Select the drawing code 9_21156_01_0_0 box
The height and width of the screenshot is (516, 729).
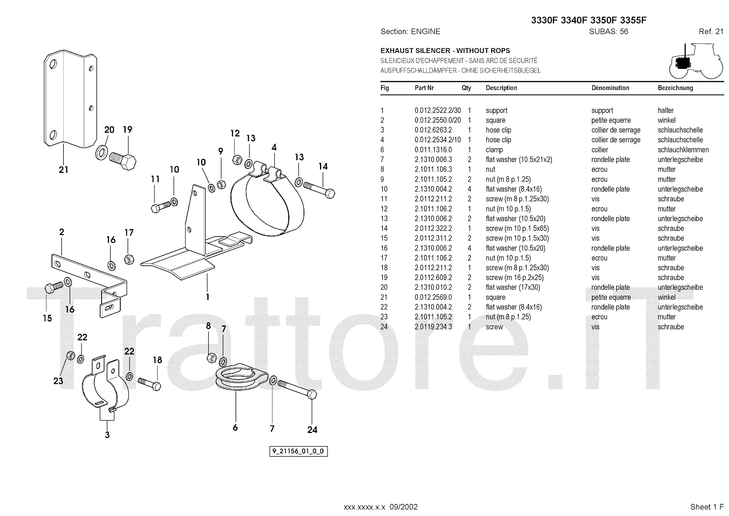tap(299, 452)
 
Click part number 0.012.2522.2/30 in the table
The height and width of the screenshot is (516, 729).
tap(437, 110)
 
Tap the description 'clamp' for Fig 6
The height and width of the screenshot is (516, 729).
tap(494, 150)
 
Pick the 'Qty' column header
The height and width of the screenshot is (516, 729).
tap(466, 88)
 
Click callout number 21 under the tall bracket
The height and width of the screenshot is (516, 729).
tap(63, 170)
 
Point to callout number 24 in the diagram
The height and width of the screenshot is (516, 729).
tap(312, 429)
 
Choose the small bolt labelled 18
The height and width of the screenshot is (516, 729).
tap(149, 383)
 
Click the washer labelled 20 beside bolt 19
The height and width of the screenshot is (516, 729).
tap(102, 152)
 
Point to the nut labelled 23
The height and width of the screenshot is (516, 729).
tap(70, 355)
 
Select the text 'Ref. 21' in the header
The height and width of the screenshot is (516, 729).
tap(711, 31)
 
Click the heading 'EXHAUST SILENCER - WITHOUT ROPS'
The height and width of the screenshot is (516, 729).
tap(445, 51)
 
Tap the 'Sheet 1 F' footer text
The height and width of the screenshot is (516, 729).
tap(707, 507)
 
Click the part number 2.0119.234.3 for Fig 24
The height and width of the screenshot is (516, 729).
tap(433, 327)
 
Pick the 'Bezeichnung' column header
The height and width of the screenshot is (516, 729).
tap(675, 88)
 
